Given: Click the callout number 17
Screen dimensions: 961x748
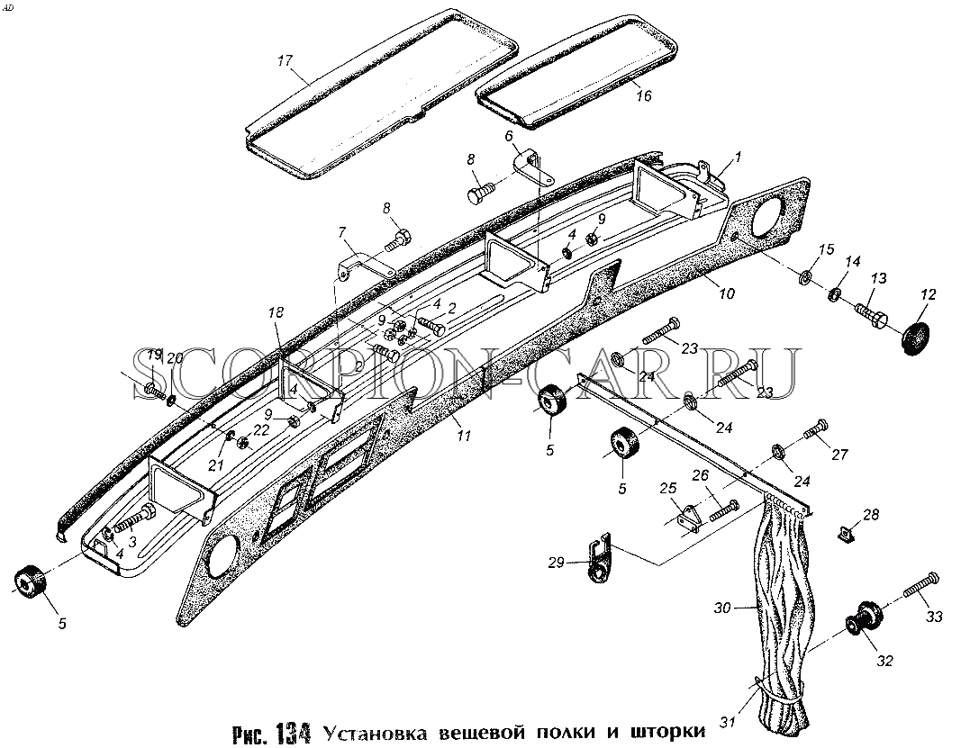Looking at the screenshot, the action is (285, 60).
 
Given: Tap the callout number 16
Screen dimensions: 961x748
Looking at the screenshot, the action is (644, 96).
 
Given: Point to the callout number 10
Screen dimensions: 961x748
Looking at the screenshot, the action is (726, 293).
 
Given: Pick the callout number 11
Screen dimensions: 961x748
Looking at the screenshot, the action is (463, 436).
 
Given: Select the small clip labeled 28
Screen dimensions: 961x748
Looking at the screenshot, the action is (845, 534).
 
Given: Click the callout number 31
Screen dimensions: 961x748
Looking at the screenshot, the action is (727, 722).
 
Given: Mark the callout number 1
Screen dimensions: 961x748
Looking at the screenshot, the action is (738, 158).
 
